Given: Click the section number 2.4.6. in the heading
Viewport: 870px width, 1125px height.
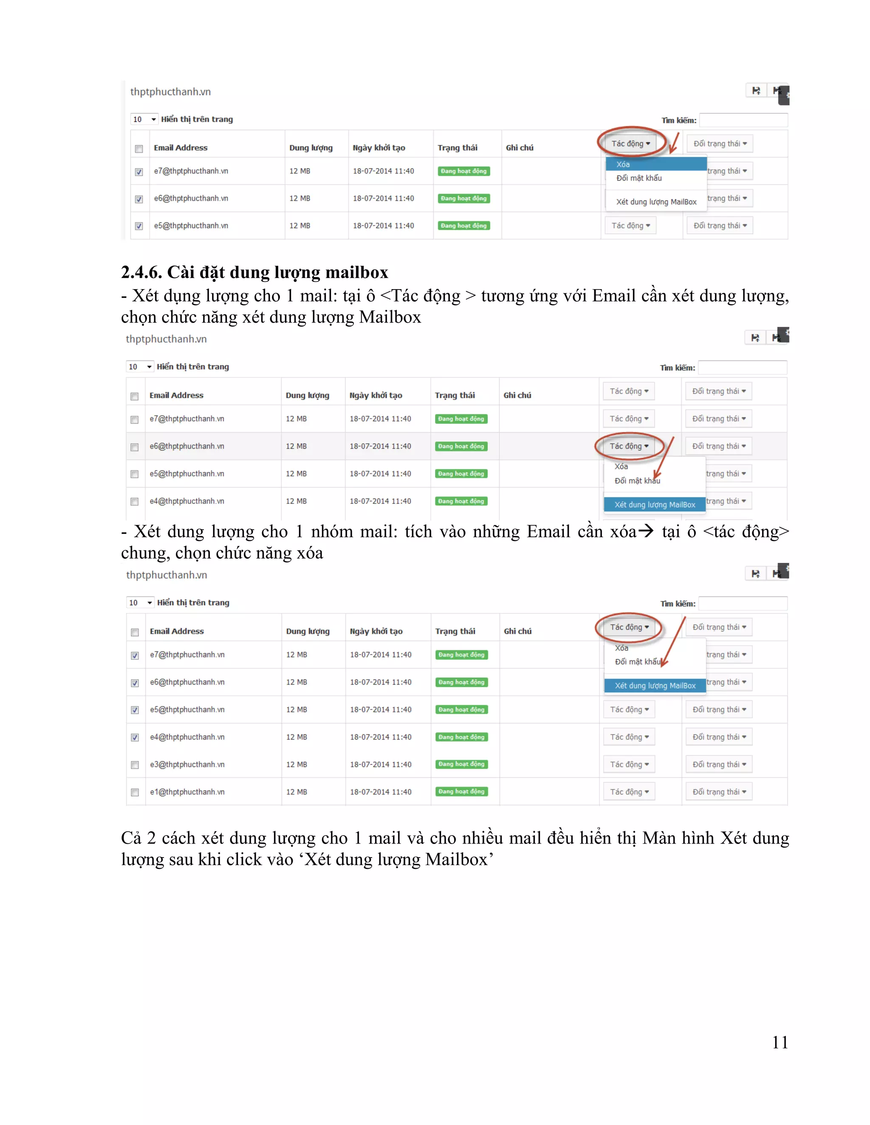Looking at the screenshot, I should [x=141, y=272].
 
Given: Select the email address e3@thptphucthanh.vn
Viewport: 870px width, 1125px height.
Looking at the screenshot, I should [x=187, y=765].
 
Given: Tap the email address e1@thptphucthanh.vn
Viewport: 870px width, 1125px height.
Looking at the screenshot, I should [x=187, y=792].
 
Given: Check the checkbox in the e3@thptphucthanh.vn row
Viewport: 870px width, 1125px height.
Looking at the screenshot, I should [x=135, y=765].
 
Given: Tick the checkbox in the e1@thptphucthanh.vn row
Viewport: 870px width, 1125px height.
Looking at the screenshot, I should [x=135, y=792].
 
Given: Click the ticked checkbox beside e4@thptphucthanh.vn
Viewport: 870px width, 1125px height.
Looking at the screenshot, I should [x=135, y=738].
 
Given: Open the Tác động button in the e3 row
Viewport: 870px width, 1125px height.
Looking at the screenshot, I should [x=629, y=765].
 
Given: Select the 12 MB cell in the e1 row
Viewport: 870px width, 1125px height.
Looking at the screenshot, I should [x=297, y=792].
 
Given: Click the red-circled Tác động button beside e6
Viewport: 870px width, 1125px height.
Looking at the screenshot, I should [x=629, y=446].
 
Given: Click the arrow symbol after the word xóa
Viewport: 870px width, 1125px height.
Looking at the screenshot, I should [x=646, y=531].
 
